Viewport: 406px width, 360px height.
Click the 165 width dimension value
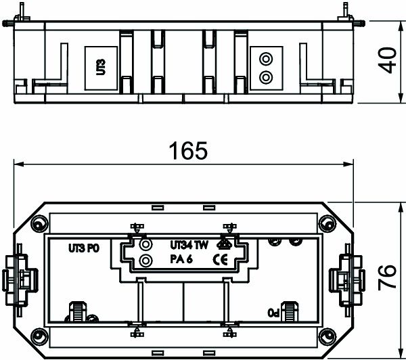(188, 150)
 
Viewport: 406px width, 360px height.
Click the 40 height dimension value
(387, 60)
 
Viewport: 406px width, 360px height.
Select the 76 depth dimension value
(387, 277)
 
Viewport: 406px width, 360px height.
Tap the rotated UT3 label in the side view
(101, 67)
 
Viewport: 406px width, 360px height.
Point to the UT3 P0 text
(84, 248)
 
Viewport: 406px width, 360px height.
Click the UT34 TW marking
(189, 245)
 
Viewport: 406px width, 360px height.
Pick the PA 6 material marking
(181, 259)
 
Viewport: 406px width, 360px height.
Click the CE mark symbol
(221, 259)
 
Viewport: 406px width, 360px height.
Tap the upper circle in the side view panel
(266, 59)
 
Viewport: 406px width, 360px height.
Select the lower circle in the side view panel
(266, 77)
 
